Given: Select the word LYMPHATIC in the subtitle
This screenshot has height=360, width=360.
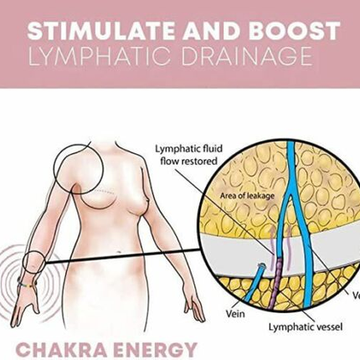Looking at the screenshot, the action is pos(100,56).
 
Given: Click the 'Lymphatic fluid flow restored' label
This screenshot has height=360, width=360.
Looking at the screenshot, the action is pos(189,155).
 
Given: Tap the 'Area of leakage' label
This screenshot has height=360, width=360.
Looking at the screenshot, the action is pos(247,196).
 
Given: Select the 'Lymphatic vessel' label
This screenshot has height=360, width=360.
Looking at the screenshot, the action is pos(306,327).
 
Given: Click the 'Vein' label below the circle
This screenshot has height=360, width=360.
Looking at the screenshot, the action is pos(235,314).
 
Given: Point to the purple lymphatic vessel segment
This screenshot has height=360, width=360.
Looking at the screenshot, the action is pos(276,282).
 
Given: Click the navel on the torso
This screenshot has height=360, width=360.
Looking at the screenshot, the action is pos(119,253).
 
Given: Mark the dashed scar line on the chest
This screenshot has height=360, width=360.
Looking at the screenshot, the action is pos(105,192).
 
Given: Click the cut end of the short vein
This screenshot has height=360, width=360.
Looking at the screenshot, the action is pos(261,265).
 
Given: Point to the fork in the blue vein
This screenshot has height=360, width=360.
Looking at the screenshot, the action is pos(291,196).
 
